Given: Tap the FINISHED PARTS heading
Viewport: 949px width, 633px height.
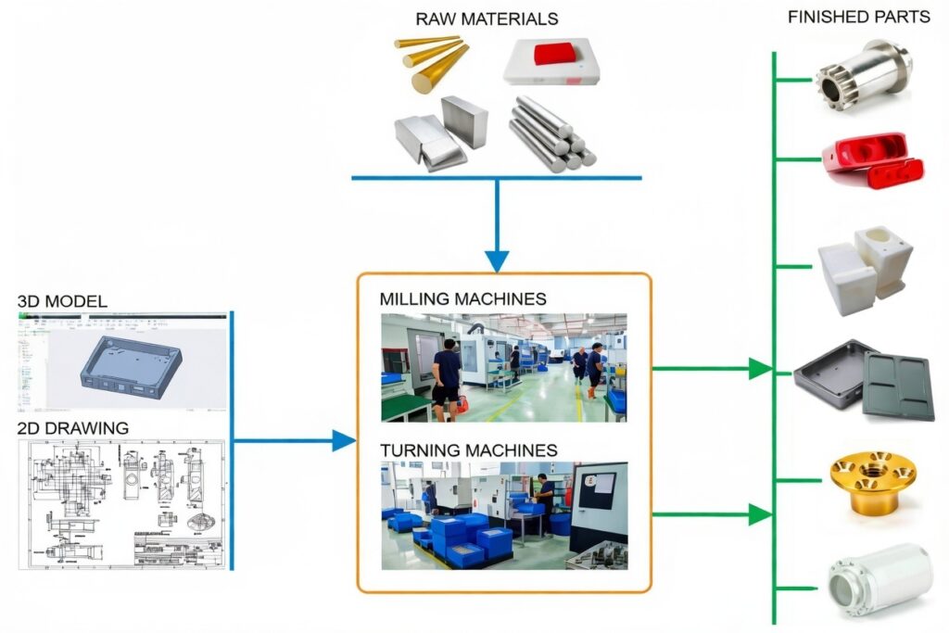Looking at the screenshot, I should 857,18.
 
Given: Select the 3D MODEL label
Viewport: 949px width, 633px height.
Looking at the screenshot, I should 62,301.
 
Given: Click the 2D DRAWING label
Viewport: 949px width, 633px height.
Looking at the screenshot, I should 73,428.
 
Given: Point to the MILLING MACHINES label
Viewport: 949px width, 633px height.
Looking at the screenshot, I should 462,299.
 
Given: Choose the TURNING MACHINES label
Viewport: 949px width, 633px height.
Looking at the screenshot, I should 468,450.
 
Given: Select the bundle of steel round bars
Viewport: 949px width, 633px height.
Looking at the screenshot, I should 553,133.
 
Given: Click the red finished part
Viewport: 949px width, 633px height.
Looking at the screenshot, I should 872,159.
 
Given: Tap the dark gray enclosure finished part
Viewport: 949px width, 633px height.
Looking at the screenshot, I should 864,380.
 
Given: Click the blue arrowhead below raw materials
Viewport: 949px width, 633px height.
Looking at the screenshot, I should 498,260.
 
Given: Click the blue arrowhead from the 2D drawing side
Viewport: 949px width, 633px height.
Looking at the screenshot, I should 344,440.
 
